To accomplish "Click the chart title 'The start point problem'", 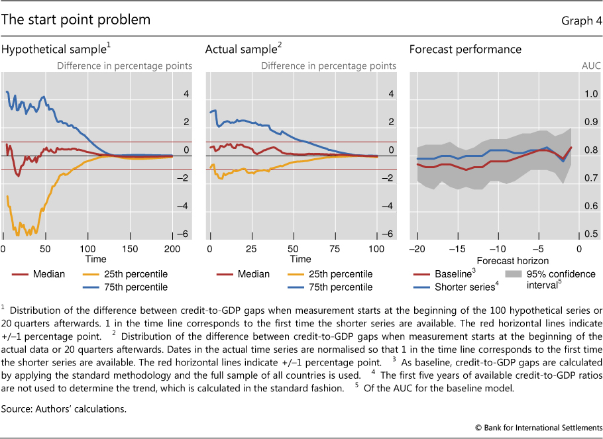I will coord(76,20).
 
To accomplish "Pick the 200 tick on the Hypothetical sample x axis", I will coord(172,248).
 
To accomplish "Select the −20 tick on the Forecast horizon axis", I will coord(417,248).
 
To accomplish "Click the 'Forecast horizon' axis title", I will coord(508,260).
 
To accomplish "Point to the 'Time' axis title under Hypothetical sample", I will coord(97,259).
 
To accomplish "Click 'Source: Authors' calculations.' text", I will coord(64,409).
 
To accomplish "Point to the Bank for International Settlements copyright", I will coord(539,428).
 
